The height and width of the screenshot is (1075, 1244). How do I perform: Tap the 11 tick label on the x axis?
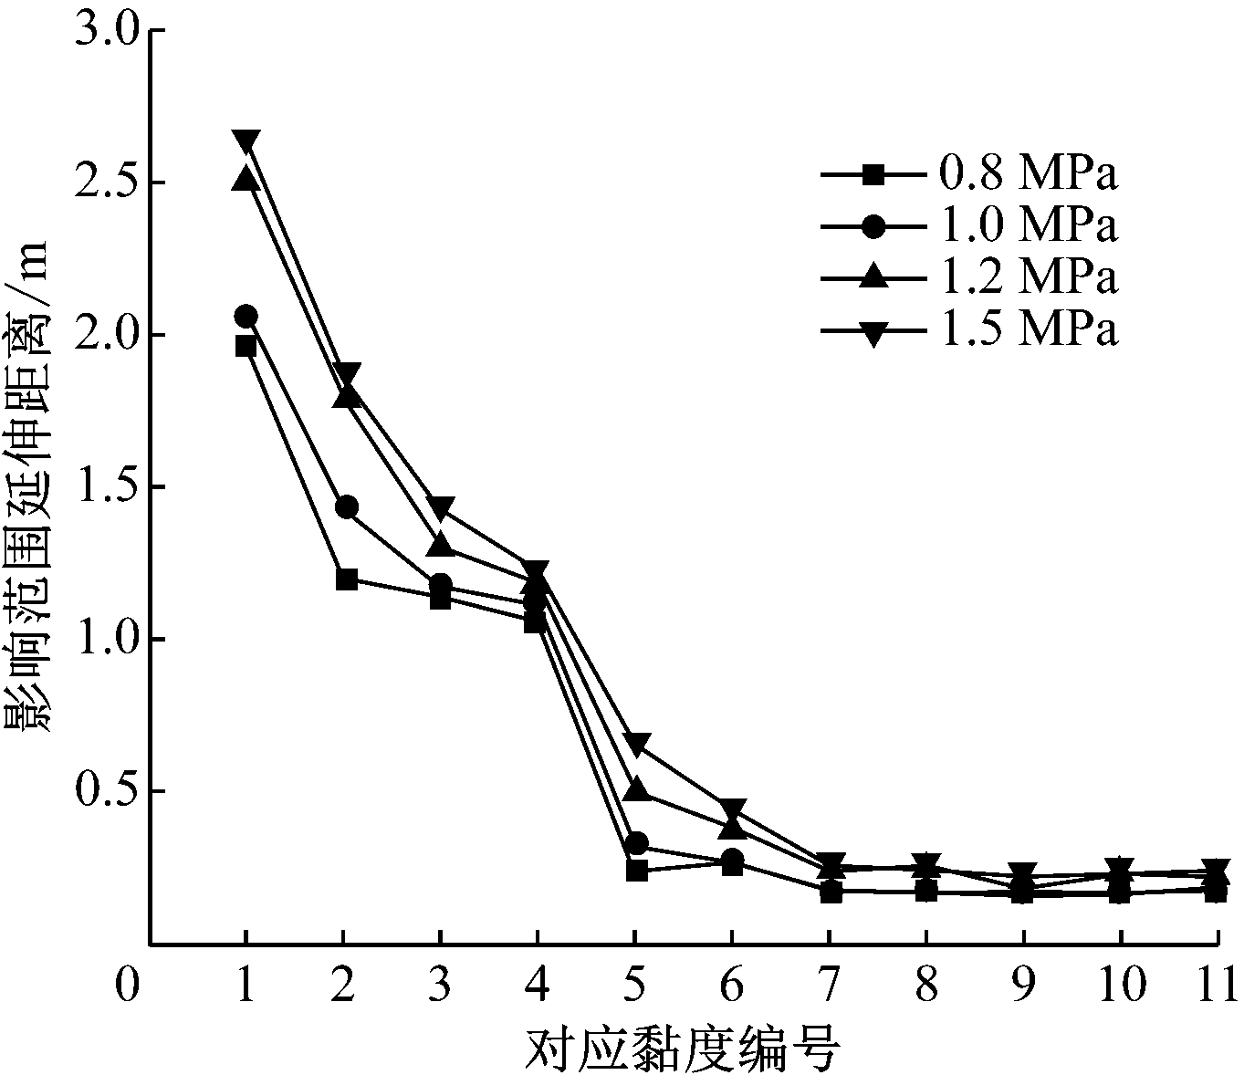pyautogui.click(x=1218, y=987)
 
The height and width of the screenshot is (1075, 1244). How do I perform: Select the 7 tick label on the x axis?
pyautogui.click(x=829, y=987)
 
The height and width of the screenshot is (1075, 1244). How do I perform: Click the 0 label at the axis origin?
pyautogui.click(x=129, y=987)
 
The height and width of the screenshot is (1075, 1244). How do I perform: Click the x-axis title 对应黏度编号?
pyautogui.click(x=683, y=1050)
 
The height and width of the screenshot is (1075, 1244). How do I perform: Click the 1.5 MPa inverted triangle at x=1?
pyautogui.click(x=246, y=142)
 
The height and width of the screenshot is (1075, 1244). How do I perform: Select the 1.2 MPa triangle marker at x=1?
pyautogui.click(x=246, y=179)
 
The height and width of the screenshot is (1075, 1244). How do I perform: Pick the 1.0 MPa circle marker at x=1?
pyautogui.click(x=246, y=316)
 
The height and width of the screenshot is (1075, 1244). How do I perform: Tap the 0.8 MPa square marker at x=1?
pyautogui.click(x=246, y=346)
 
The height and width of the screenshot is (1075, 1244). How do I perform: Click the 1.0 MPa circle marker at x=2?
pyautogui.click(x=347, y=507)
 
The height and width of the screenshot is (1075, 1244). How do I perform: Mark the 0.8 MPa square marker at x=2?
pyautogui.click(x=347, y=579)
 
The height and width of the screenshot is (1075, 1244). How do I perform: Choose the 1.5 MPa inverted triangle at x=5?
pyautogui.click(x=637, y=744)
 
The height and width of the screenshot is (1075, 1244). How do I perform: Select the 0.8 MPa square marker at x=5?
pyautogui.click(x=637, y=871)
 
